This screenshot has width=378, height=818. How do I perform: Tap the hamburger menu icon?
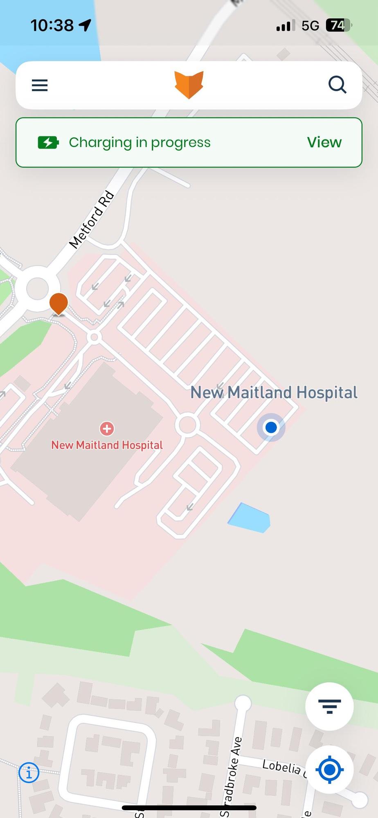click(x=40, y=85)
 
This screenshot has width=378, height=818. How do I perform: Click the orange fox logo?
click(x=189, y=85)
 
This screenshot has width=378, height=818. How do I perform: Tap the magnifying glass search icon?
click(x=337, y=85)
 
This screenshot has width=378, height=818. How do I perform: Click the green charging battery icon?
click(x=48, y=142)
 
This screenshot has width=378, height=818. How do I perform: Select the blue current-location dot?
click(x=271, y=427)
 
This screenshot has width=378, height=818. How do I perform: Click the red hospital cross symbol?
click(x=107, y=429)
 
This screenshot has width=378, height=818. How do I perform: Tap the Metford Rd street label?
click(x=92, y=220)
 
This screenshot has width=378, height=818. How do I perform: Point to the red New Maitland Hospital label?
click(x=107, y=445)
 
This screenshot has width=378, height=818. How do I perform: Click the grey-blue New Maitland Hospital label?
click(x=274, y=393)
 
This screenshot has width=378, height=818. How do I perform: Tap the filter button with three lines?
click(x=329, y=706)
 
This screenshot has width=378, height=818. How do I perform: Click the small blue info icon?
click(x=29, y=773)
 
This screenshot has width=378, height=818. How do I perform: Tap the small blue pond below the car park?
click(x=250, y=518)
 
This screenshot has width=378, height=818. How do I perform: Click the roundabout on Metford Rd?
click(x=37, y=288)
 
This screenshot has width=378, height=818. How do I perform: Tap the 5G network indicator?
click(x=310, y=26)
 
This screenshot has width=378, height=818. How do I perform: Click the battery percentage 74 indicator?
click(x=338, y=25)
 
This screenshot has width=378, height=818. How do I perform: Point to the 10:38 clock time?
click(x=52, y=25)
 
